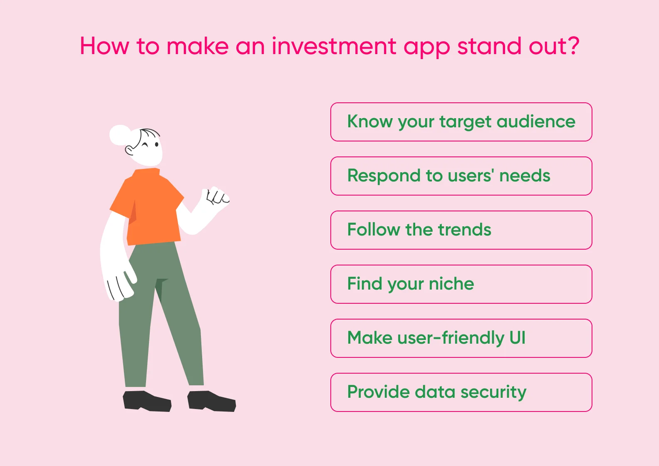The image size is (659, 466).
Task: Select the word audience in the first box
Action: [x=536, y=121]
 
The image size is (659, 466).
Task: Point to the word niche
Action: [x=451, y=284]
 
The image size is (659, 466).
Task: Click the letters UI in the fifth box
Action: [x=518, y=337]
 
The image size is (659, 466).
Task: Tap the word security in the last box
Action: [x=493, y=392]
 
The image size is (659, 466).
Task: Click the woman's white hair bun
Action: [x=120, y=135]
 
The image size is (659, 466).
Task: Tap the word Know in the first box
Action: [x=370, y=121]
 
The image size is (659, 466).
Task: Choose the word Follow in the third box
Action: [x=373, y=230]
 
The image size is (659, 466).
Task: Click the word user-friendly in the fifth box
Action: [x=451, y=337]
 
